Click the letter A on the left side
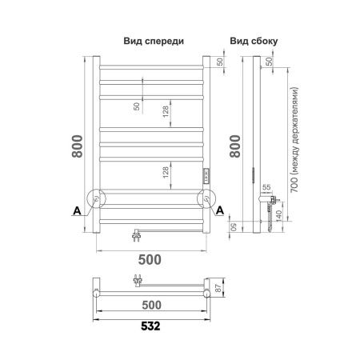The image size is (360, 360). point(75,210)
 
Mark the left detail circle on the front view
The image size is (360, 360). point(97,199)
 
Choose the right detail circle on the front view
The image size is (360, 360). point(207,199)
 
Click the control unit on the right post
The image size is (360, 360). point(206,176)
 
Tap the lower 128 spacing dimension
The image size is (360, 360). point(166,173)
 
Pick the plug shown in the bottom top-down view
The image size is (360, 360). point(138,280)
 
